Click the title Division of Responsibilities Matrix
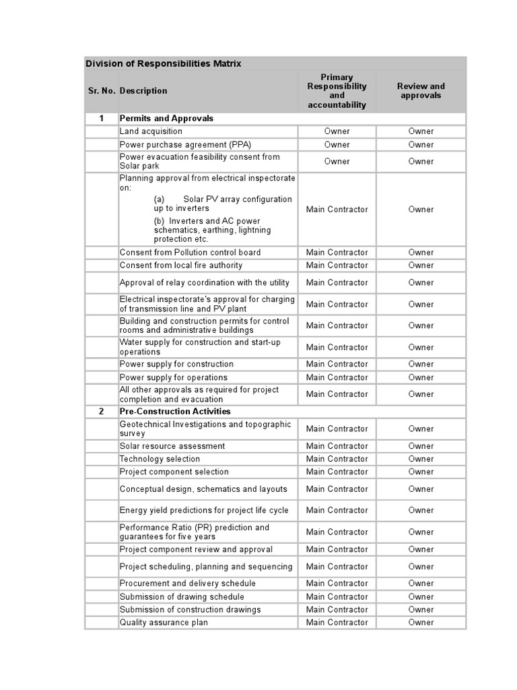[163, 63]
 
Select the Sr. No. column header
[102, 91]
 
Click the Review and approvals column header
[421, 91]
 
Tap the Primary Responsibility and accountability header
[337, 91]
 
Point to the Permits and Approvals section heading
[166, 119]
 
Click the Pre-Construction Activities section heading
[175, 412]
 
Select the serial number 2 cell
[102, 412]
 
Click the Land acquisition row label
[151, 131]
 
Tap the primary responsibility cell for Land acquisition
[337, 131]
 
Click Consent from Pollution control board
[190, 253]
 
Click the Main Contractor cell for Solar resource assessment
[337, 446]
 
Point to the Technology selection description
[160, 459]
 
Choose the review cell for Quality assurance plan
[421, 623]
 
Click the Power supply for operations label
[174, 377]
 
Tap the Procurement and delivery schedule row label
[187, 584]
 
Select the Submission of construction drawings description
[190, 610]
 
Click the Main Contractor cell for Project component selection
[337, 472]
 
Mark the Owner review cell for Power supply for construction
[421, 365]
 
